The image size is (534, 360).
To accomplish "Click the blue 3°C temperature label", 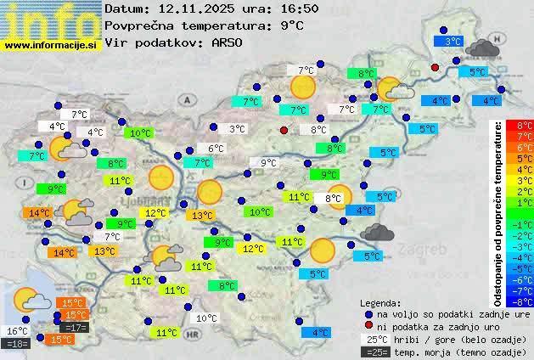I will click(x=452, y=41).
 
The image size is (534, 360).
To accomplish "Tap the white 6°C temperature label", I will click(x=216, y=149).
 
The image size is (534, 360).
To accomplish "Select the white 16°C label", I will click(x=17, y=331).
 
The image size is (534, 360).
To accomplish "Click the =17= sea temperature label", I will click(x=74, y=328).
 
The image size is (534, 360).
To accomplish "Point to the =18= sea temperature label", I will click(x=17, y=343).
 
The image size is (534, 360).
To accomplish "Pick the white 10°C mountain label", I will click(x=206, y=319).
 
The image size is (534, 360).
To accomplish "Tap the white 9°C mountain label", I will click(x=268, y=163).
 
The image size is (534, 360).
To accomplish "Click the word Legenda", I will click(x=380, y=302).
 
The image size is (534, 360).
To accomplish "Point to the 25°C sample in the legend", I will click(x=374, y=340).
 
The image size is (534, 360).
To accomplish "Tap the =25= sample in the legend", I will click(x=374, y=352).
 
